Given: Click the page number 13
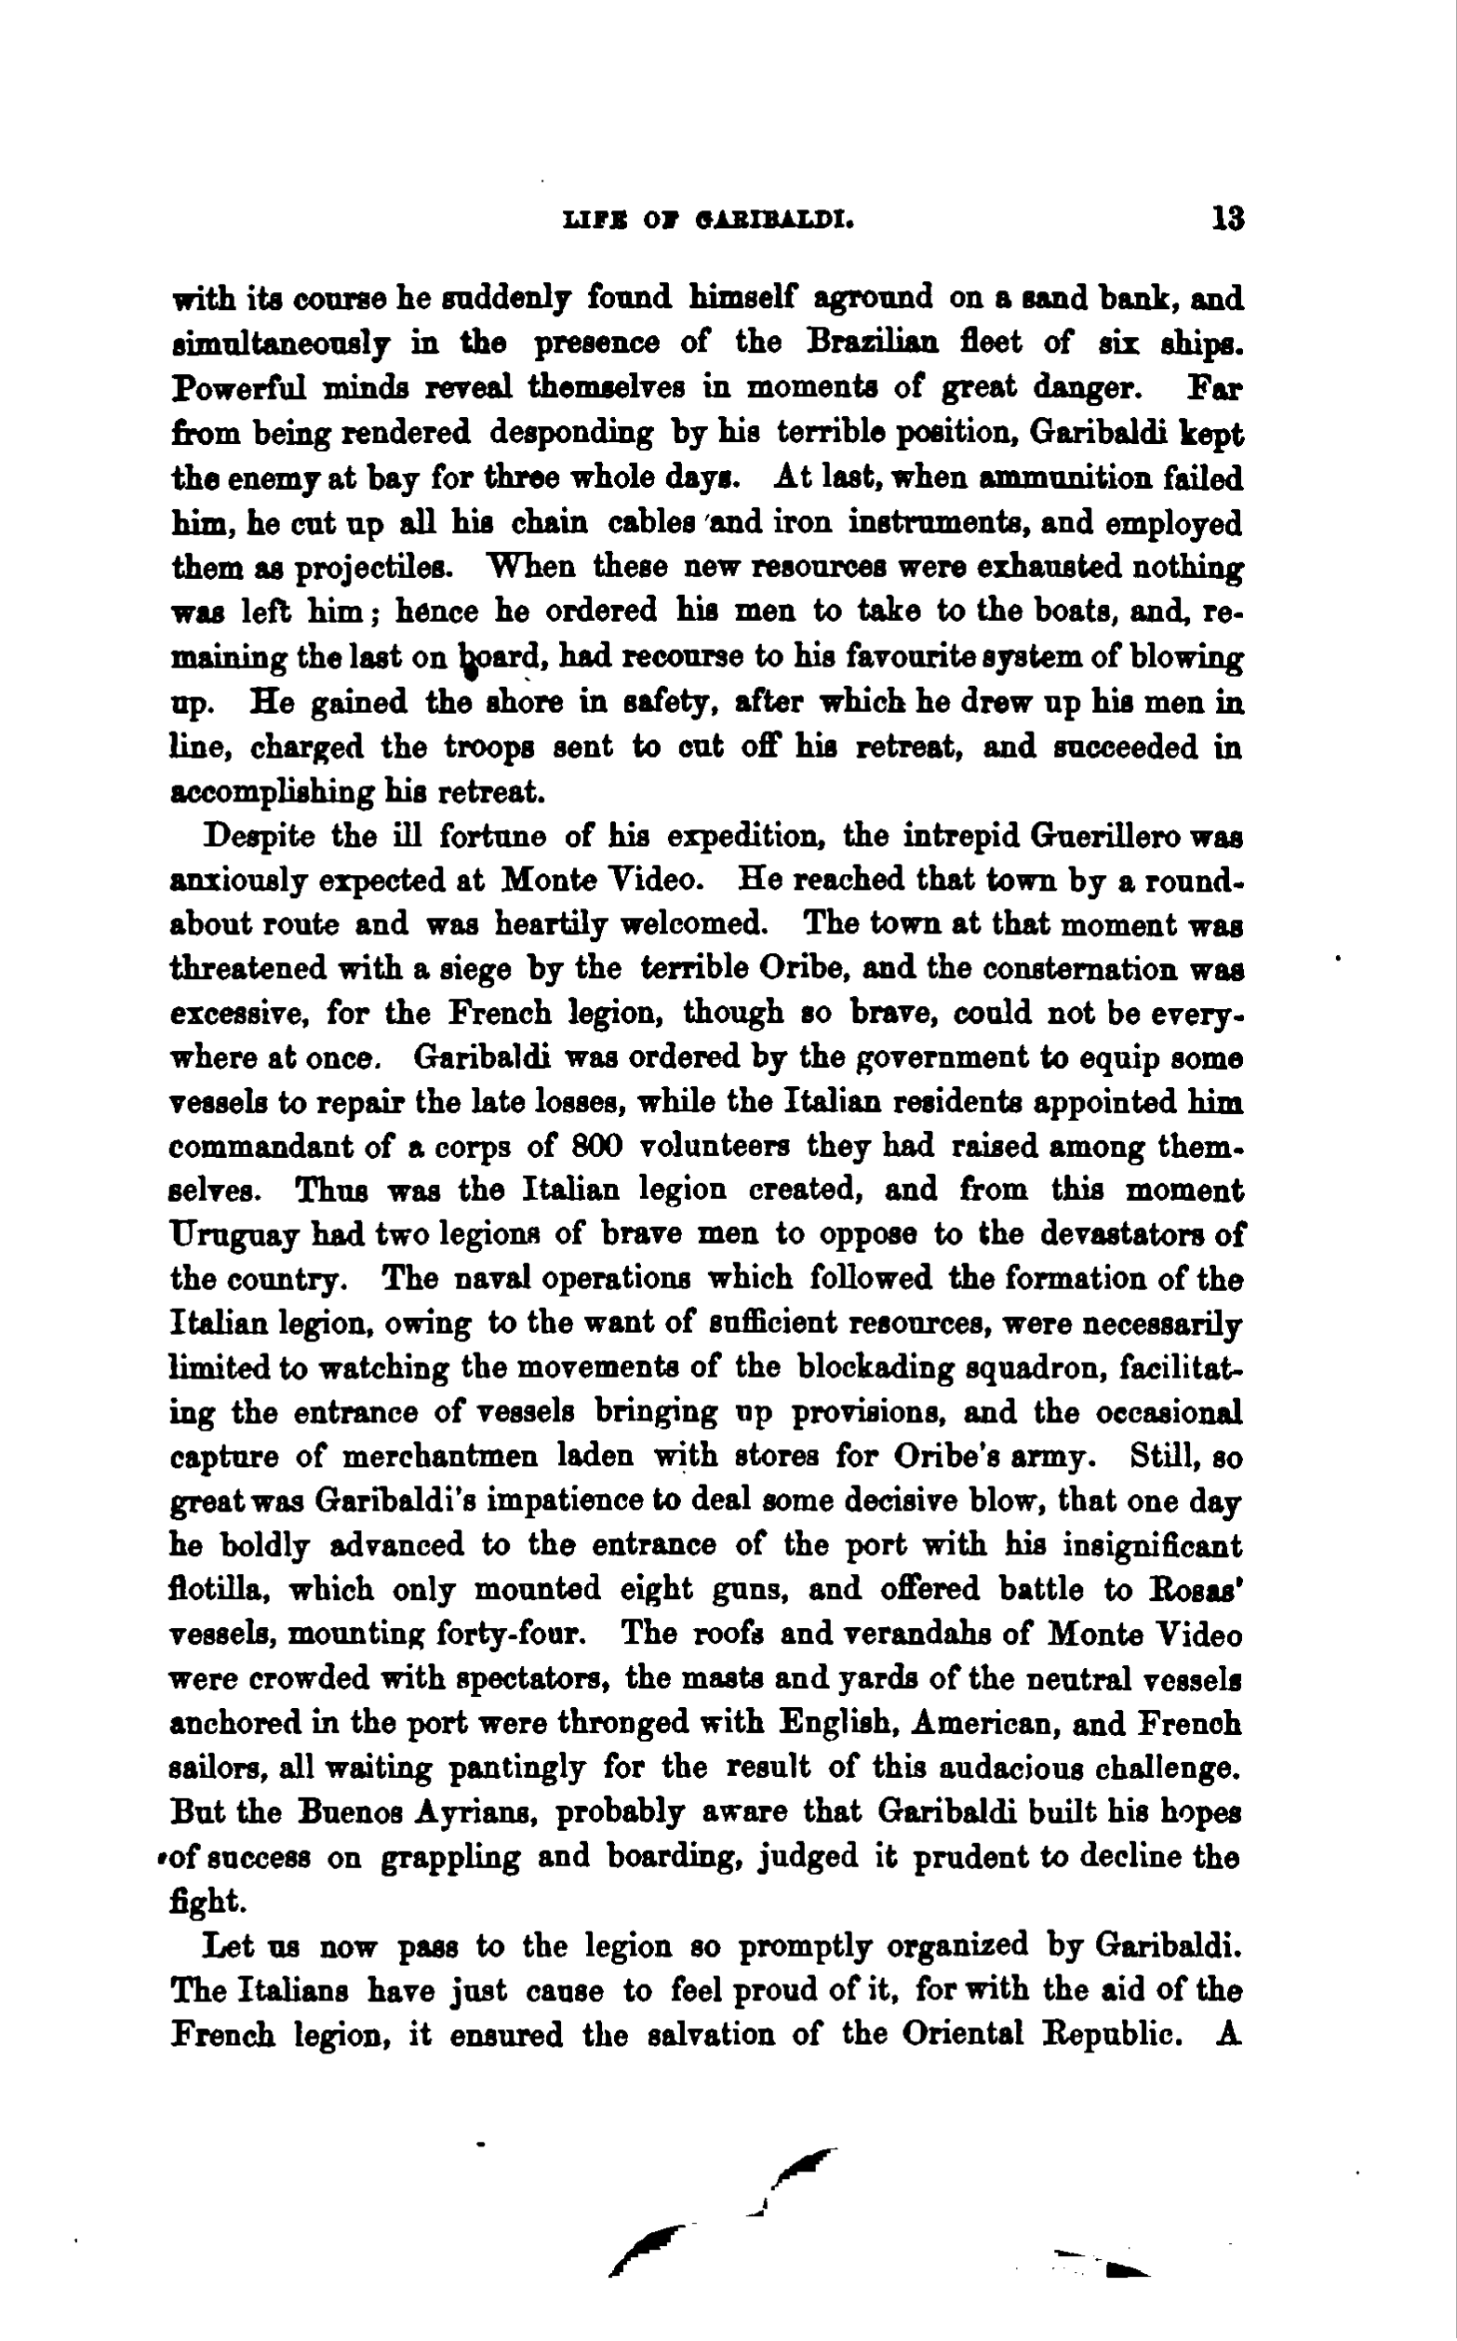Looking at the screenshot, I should pos(1228,220).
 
